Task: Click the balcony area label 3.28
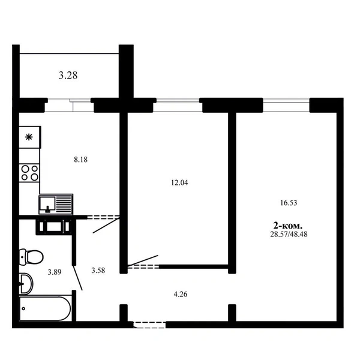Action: pyautogui.click(x=68, y=76)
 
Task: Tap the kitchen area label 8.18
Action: pyautogui.click(x=80, y=160)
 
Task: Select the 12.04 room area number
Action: pyautogui.click(x=179, y=182)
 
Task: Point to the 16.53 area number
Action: pyautogui.click(x=289, y=203)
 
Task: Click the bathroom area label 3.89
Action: pyautogui.click(x=55, y=272)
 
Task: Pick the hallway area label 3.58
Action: pyautogui.click(x=98, y=270)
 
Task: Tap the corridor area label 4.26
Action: pyautogui.click(x=181, y=294)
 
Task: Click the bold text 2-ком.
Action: pyautogui.click(x=288, y=226)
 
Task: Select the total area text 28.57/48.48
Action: pyautogui.click(x=289, y=234)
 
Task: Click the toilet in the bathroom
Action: pyautogui.click(x=31, y=257)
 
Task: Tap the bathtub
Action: pyautogui.click(x=45, y=308)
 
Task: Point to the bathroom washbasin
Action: pyautogui.click(x=26, y=284)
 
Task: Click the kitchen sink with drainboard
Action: pyautogui.click(x=56, y=204)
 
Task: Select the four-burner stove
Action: pyautogui.click(x=29, y=173)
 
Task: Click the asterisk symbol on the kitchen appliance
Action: pyautogui.click(x=29, y=137)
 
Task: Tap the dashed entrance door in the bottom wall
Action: pyautogui.click(x=149, y=325)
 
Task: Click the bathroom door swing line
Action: pyautogui.click(x=78, y=278)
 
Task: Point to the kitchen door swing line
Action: pyautogui.click(x=106, y=226)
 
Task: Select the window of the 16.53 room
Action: pyautogui.click(x=286, y=105)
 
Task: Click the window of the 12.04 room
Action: pyautogui.click(x=178, y=105)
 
